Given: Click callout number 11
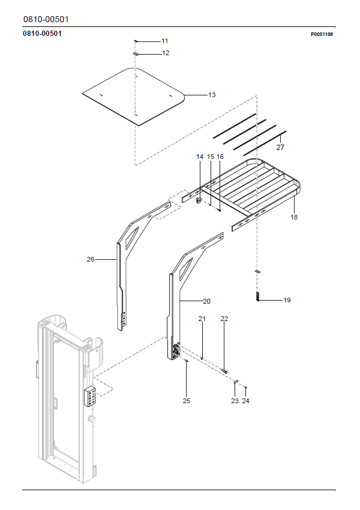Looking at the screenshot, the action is (164, 41).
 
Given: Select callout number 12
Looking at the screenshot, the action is (166, 53).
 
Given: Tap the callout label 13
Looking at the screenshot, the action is (212, 95).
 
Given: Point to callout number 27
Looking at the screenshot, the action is (280, 148).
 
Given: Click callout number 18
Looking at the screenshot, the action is (294, 217).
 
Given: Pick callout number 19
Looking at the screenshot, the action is (287, 300).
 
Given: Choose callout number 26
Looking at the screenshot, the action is (91, 259).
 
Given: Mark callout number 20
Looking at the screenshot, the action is (206, 302).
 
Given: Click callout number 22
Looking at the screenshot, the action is (224, 319).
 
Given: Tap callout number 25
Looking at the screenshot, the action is (187, 401).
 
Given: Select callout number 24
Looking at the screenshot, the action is (245, 401).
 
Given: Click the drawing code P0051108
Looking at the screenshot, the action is (322, 34).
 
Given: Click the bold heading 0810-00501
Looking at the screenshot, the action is (42, 33).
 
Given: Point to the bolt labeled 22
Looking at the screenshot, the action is (224, 370).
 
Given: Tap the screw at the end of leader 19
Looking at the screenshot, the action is (257, 296).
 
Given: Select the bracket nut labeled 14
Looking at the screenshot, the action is (199, 200).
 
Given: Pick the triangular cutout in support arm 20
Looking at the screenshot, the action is (185, 268).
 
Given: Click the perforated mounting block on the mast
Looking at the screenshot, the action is (90, 396).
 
